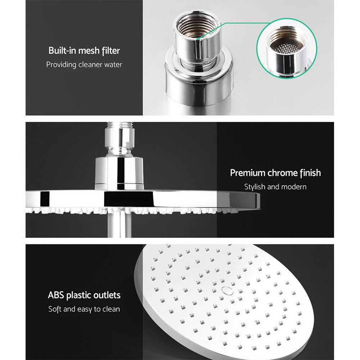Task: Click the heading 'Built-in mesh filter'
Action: [x=84, y=50]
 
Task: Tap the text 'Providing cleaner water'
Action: [x=84, y=65]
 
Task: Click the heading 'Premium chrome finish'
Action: [x=275, y=173]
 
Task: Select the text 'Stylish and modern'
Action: [x=275, y=187]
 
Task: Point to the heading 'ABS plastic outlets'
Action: [x=84, y=296]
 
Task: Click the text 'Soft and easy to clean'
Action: [x=84, y=309]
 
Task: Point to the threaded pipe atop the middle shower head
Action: [x=119, y=126]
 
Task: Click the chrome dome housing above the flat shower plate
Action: [x=119, y=173]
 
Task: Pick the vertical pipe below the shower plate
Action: [x=119, y=225]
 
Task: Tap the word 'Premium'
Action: [x=248, y=173]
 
